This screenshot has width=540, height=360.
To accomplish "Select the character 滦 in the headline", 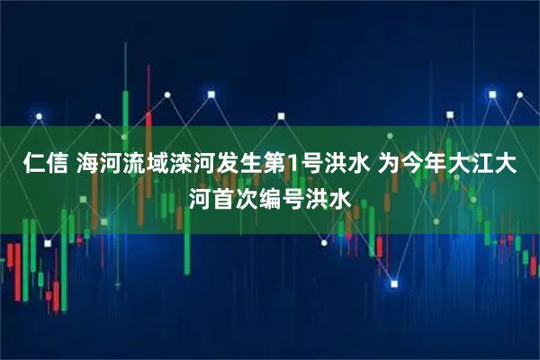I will [180, 164].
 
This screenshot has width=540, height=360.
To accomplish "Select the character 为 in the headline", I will [390, 164].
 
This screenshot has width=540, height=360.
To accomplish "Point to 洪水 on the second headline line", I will [326, 194].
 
